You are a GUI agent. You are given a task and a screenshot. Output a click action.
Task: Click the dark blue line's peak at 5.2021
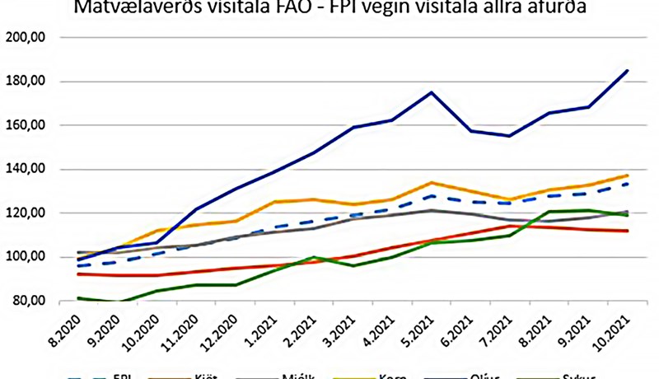click(x=432, y=92)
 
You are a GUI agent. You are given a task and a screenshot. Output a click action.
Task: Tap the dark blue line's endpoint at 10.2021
click(x=628, y=71)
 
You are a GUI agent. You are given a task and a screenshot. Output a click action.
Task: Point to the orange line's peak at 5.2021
click(x=432, y=183)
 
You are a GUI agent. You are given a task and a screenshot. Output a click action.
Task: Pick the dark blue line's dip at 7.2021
click(x=510, y=136)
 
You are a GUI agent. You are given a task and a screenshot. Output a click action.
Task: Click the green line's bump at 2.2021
click(x=312, y=258)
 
